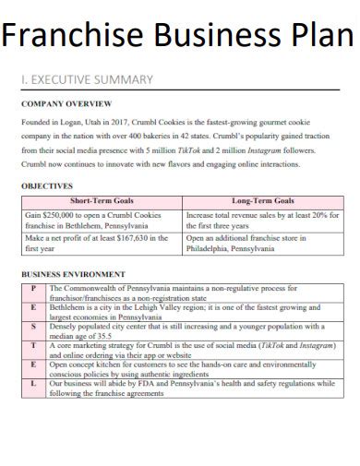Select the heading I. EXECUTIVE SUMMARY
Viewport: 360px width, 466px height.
[x=87, y=79]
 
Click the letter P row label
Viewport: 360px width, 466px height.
[x=33, y=288]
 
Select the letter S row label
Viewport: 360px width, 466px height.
[x=33, y=326]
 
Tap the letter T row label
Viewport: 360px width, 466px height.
[x=33, y=344]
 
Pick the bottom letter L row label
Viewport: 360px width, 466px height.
[x=33, y=383]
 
